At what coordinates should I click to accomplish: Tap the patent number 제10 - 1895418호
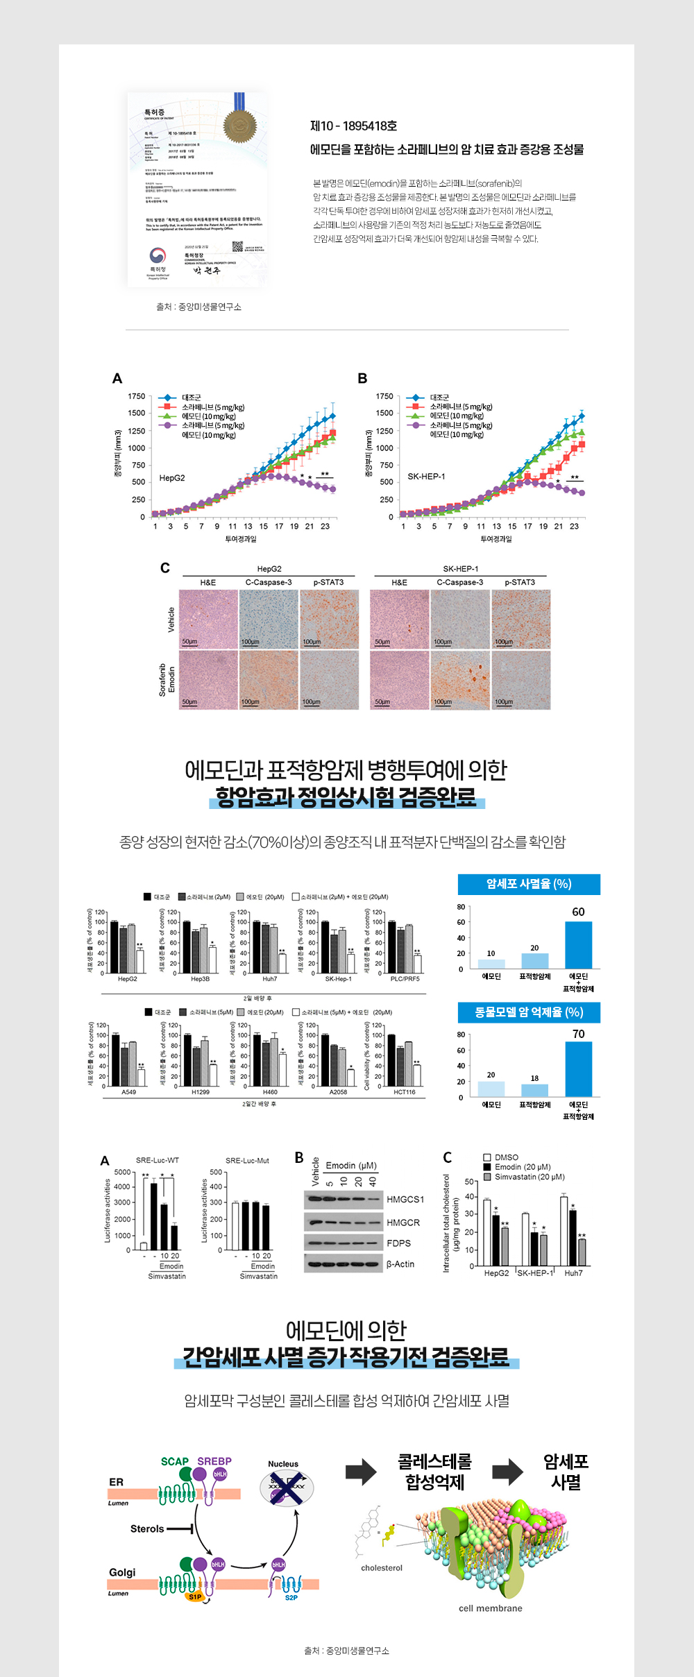coord(353,126)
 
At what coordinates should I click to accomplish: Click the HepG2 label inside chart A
coord(172,478)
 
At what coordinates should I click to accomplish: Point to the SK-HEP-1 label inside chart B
coord(426,476)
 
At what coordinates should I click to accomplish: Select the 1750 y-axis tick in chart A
coord(137,396)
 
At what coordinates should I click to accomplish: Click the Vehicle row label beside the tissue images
coord(171,620)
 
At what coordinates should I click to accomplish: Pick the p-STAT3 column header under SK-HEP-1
coord(520,582)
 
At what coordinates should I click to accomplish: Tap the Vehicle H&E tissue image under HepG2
coord(208,620)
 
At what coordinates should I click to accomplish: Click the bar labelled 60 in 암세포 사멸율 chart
coord(578,945)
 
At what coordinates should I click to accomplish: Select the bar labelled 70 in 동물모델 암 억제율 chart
coord(578,1069)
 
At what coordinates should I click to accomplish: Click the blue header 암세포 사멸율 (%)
coord(529,884)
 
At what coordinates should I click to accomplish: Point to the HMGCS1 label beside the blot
coord(405,1199)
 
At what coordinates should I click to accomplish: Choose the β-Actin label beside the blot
coord(400,1263)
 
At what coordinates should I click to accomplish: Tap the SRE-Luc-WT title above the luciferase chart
coord(158,1160)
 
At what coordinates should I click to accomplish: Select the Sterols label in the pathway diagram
coord(147,1529)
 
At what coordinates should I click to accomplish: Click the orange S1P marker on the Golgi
coord(195,1597)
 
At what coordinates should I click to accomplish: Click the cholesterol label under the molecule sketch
coord(382,1567)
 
